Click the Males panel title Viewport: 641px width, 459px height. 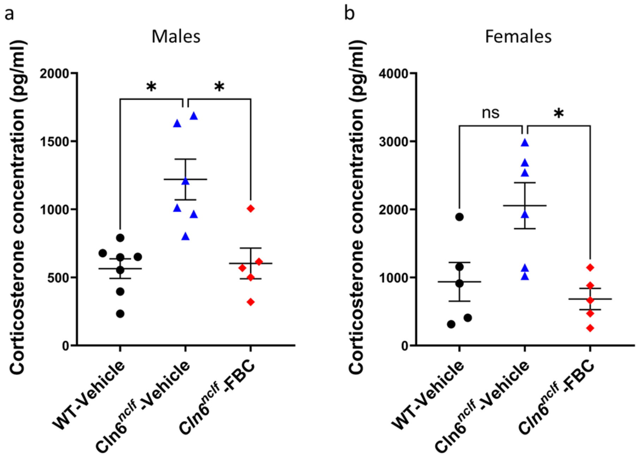coord(176,36)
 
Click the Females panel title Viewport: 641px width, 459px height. coord(518,36)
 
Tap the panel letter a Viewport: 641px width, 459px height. coord(9,14)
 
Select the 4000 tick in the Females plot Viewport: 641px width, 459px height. coord(394,73)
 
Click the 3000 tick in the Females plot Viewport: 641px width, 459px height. coord(394,141)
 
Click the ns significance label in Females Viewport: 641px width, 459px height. coord(491,113)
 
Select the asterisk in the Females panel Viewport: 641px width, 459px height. coord(559,114)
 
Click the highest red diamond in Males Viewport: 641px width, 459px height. coord(251,209)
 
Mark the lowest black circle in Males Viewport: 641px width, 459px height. coord(120,314)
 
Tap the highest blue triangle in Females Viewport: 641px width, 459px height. coord(525,143)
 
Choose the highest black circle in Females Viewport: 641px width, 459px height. coord(459,217)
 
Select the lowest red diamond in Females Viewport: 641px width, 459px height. coord(590,328)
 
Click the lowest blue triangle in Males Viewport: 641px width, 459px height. coord(185,237)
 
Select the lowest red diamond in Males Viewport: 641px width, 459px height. coord(251,302)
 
